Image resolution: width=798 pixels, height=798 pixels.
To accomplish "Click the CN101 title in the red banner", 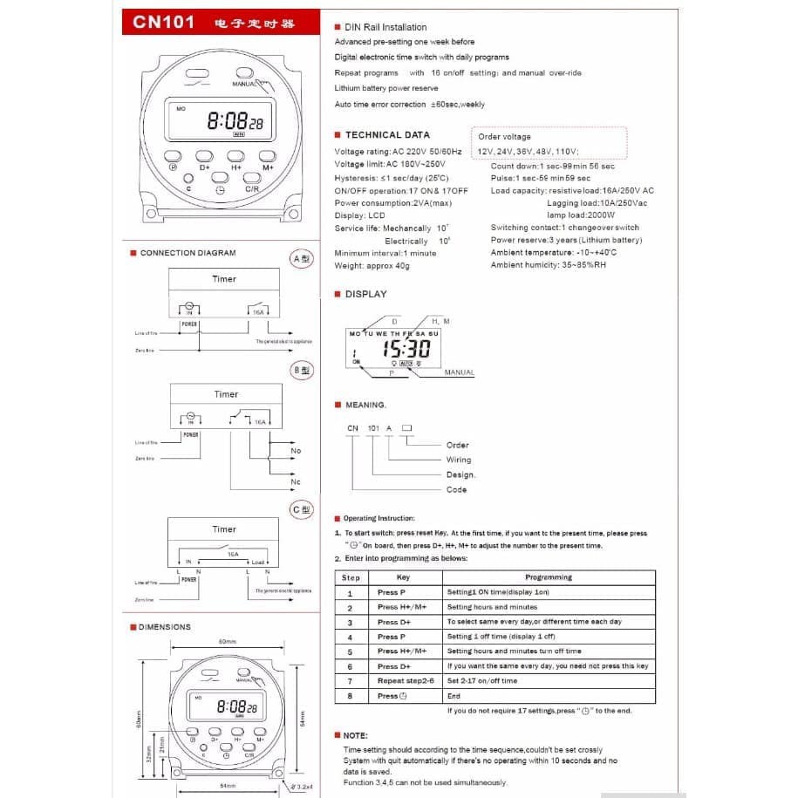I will pos(162,21).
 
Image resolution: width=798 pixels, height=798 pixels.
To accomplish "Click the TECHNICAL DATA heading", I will pos(387,135).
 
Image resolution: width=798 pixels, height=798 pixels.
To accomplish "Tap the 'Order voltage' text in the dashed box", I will pos(504,137).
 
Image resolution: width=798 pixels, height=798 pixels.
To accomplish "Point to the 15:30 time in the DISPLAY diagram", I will pos(406,349).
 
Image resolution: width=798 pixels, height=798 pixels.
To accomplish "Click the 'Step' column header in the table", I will pos(351,577).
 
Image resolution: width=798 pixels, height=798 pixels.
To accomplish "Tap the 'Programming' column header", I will pos(549,577).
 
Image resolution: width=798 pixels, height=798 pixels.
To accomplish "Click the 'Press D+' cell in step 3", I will pos(394,623).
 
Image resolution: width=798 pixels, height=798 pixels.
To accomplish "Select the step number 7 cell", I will pos(350,681).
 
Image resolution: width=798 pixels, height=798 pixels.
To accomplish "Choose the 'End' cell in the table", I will pos(454,696).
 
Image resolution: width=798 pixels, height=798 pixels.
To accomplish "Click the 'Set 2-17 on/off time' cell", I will pos(481,681).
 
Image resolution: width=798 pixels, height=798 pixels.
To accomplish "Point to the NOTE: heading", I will pos(355,736).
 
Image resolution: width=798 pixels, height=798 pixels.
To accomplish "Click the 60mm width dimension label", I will pos(227,642).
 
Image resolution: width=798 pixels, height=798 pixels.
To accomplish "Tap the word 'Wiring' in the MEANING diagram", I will pos(458,460).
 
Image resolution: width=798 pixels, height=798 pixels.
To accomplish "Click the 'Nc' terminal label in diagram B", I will pos(296,481).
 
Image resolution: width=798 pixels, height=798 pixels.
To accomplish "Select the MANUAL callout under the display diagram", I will pos(459,372).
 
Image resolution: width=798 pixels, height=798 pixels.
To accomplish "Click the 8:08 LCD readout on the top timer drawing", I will pos(228,122).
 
